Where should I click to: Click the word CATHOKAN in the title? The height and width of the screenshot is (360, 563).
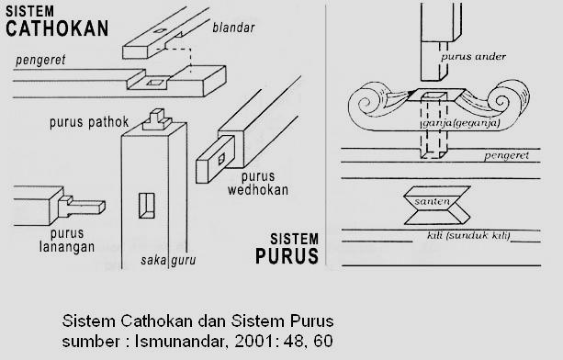coord(48,28)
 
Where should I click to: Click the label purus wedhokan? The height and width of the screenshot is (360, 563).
coord(264,183)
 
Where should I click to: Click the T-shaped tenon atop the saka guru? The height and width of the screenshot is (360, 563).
coord(159,118)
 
